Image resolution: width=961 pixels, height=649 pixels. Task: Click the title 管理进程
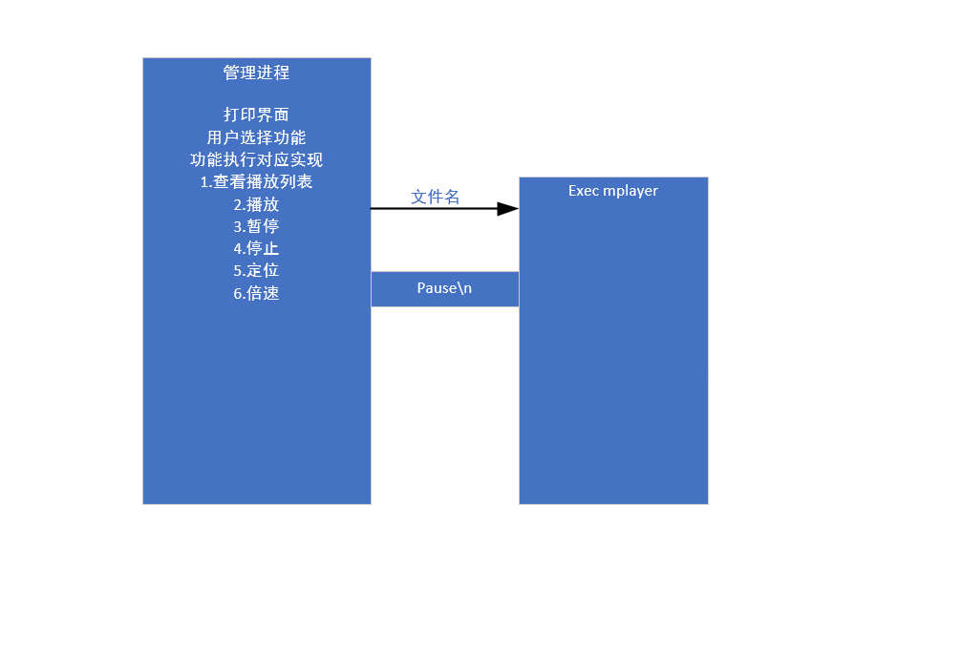[x=256, y=73]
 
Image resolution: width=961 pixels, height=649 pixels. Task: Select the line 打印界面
[x=256, y=115]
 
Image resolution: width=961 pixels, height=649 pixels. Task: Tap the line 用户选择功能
[x=256, y=137]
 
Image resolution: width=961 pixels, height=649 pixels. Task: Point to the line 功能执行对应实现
[x=256, y=159]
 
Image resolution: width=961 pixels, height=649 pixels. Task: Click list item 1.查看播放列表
[x=256, y=181]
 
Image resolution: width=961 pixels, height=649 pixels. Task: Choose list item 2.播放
[x=256, y=204]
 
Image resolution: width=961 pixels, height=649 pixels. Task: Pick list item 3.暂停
[x=256, y=226]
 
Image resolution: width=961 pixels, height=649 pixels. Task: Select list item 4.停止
[x=256, y=248]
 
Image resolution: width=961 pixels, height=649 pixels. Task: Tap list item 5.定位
[x=256, y=270]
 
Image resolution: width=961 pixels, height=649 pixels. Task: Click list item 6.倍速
[x=256, y=293]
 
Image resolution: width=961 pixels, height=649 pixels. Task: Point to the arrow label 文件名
[x=435, y=197]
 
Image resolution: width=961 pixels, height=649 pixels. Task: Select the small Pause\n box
[x=444, y=288]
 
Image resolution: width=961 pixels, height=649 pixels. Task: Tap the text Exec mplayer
[x=612, y=191]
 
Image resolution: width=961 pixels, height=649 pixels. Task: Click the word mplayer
[x=630, y=191]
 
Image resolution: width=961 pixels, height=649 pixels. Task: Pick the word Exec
[x=584, y=191]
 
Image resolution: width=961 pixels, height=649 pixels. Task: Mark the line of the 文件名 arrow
[x=430, y=208]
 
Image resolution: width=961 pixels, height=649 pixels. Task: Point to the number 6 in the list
[x=238, y=294]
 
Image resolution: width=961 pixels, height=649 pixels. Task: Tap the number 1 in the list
[x=203, y=182]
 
